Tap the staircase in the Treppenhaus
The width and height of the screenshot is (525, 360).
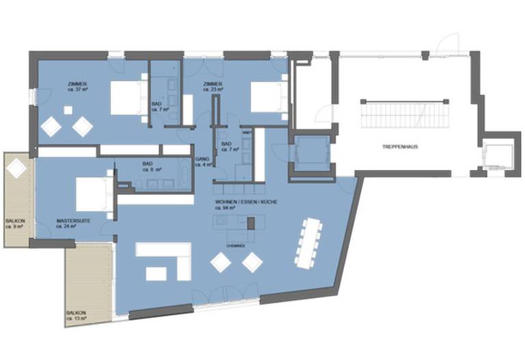[x=407, y=113]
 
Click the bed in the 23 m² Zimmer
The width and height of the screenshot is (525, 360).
[x=267, y=97]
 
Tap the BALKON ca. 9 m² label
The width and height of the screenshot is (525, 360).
[x=14, y=223]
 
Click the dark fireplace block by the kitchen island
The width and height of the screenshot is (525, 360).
[x=251, y=223]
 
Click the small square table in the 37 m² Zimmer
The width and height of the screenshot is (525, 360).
[x=68, y=110]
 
